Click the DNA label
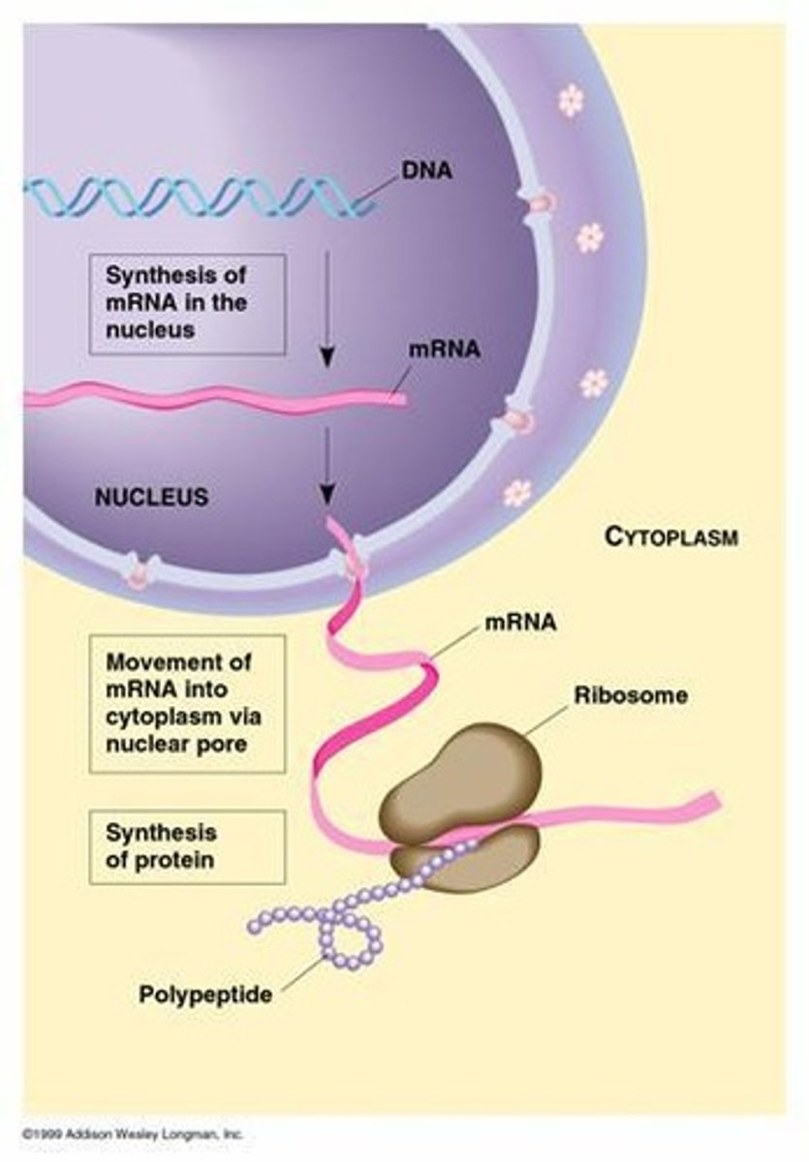point(426,173)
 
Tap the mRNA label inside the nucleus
point(444,350)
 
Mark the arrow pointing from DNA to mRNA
point(327,310)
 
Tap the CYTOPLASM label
point(670,535)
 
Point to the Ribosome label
point(631,695)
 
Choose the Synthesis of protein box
point(187,845)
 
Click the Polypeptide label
point(204,994)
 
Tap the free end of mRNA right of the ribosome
point(698,805)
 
